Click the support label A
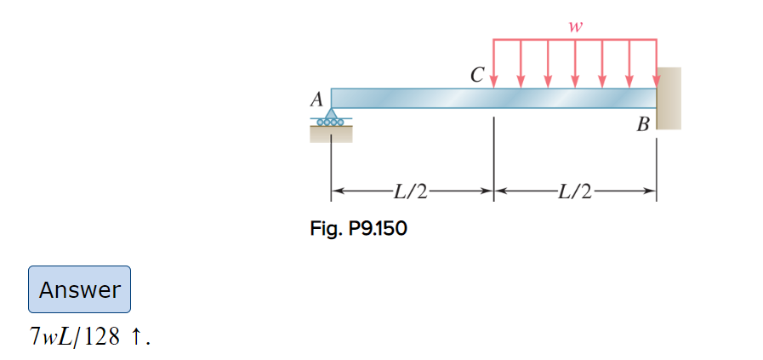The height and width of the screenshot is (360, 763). (x=316, y=100)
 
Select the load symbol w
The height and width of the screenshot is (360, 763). (x=576, y=27)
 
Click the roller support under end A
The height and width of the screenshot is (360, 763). (x=331, y=117)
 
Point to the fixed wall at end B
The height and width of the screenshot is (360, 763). (x=669, y=98)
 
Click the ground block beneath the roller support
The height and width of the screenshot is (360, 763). (x=331, y=134)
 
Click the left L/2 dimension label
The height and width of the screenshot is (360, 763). (x=410, y=191)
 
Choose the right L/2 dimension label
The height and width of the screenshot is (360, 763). (x=576, y=191)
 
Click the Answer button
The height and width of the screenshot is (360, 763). (x=80, y=289)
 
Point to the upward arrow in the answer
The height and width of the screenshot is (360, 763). (x=137, y=338)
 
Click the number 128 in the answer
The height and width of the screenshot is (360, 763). (x=102, y=338)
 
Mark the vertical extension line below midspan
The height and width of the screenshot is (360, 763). (x=494, y=153)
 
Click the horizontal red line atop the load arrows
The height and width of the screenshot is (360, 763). (x=575, y=39)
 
